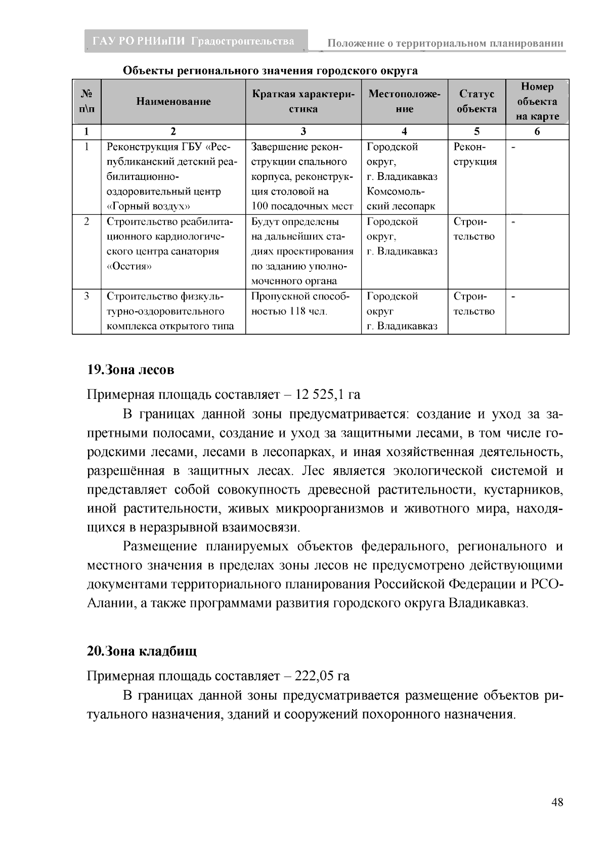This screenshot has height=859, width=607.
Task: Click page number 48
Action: pyautogui.click(x=557, y=803)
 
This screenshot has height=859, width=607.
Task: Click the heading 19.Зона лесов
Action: pyautogui.click(x=131, y=370)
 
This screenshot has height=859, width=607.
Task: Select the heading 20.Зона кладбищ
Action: pyautogui.click(x=142, y=651)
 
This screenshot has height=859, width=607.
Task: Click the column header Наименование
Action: pyautogui.click(x=173, y=102)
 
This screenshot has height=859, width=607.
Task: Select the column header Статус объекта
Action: pyautogui.click(x=476, y=101)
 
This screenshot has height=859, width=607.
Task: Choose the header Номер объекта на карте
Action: pyautogui.click(x=537, y=101)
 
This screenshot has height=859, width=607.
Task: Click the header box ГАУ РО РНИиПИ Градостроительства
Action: pyautogui.click(x=195, y=42)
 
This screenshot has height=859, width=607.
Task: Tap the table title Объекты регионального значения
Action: pyautogui.click(x=271, y=70)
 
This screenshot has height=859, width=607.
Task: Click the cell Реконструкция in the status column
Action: pyautogui.click(x=475, y=154)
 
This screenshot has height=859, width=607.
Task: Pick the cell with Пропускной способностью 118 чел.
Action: pyautogui.click(x=302, y=304)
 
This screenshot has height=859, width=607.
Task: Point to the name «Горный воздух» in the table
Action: pyautogui.click(x=148, y=207)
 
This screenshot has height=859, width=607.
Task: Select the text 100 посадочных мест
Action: pyautogui.click(x=302, y=207)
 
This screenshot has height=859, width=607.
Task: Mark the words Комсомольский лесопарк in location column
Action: pyautogui.click(x=401, y=199)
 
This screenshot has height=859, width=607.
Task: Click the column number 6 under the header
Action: pyautogui.click(x=537, y=132)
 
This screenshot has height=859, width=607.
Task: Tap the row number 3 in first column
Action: pyautogui.click(x=86, y=297)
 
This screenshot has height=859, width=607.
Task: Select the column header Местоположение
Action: pyautogui.click(x=404, y=101)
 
